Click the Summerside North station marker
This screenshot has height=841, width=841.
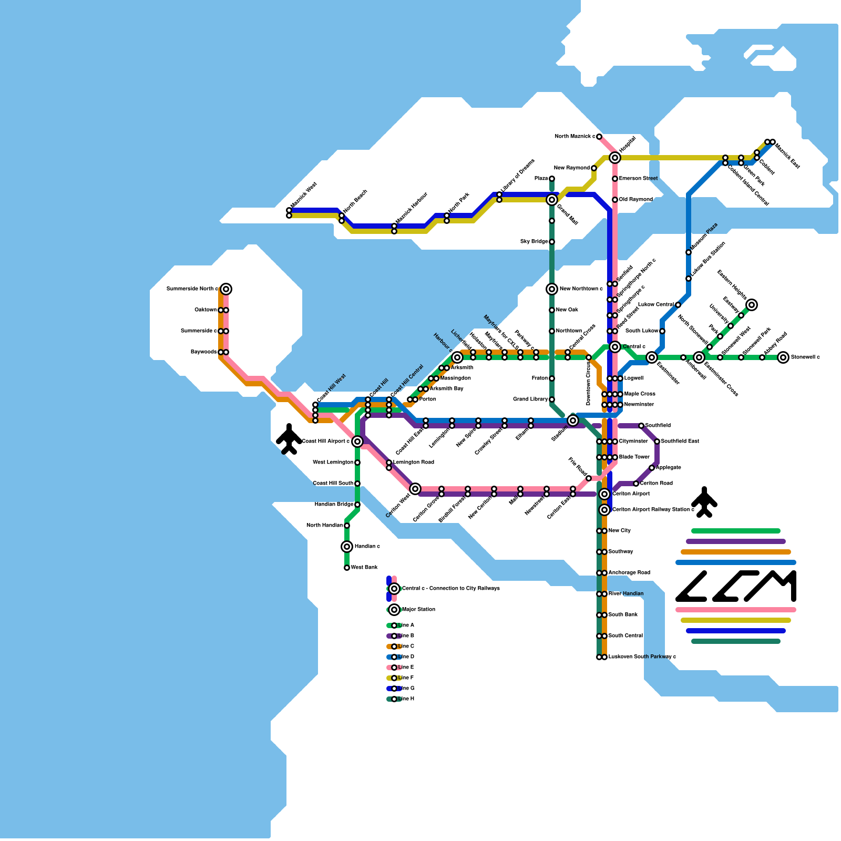(226, 289)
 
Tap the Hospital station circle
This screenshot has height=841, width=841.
(615, 158)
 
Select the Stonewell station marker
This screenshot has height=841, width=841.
(783, 357)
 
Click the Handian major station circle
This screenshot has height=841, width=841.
(347, 547)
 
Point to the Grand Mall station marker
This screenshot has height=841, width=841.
(552, 200)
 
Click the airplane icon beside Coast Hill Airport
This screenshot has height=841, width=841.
(289, 439)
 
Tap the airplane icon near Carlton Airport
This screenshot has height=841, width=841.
(704, 502)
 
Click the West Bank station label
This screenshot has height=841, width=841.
(364, 568)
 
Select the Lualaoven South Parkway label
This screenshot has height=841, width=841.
(642, 657)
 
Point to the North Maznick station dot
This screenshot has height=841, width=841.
(599, 137)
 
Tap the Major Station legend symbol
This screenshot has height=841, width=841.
(394, 610)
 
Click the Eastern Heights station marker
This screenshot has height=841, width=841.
(752, 305)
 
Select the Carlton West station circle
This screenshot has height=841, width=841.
(415, 489)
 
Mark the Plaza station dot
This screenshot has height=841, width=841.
(552, 179)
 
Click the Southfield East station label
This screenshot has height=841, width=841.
(680, 442)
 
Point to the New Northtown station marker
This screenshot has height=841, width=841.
(552, 289)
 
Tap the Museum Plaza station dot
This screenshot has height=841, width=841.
(689, 252)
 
